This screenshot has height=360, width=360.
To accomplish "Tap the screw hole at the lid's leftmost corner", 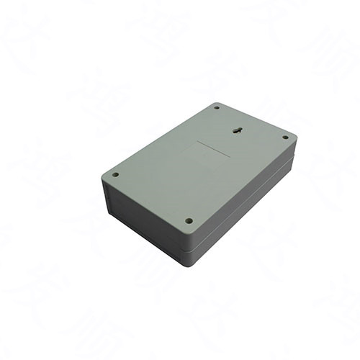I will [x=115, y=174].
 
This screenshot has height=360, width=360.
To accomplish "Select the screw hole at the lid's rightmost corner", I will [x=285, y=137].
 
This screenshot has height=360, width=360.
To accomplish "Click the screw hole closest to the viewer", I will [x=189, y=221].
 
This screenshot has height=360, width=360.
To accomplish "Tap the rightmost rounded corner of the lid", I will [x=294, y=138].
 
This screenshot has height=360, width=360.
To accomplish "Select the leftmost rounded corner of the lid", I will [x=105, y=176].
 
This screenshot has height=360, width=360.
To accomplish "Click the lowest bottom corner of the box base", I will [x=189, y=264].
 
